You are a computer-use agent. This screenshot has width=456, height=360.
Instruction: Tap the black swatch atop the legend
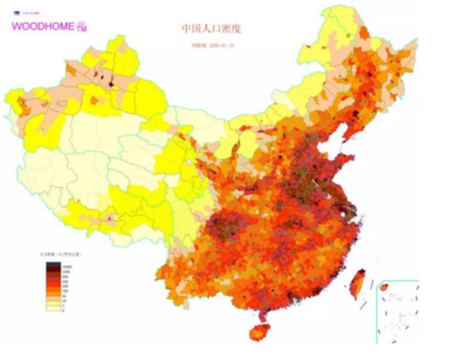point(52,265)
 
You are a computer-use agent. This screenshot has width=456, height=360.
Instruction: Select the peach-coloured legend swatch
point(52,298)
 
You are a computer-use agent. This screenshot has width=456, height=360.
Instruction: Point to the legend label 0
point(64,310)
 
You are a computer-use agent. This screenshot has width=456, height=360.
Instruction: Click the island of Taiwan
point(356,282)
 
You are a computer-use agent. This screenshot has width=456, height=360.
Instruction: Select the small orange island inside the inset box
point(384,287)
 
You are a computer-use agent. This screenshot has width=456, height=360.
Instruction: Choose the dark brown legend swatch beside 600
point(52,274)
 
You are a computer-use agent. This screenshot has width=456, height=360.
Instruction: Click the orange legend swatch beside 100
point(52,290)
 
